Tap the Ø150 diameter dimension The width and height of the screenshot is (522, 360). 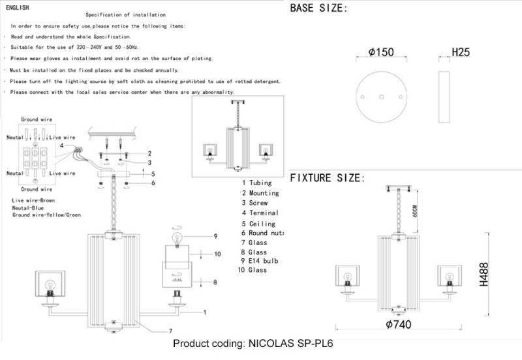click(x=381, y=53)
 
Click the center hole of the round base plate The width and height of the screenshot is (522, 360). click(x=381, y=97)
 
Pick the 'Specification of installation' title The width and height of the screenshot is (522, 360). click(x=125, y=14)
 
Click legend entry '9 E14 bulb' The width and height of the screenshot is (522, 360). click(x=260, y=261)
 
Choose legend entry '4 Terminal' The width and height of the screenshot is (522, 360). click(x=260, y=213)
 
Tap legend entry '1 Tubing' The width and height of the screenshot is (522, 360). click(x=256, y=183)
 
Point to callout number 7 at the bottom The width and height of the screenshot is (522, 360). click(x=170, y=331)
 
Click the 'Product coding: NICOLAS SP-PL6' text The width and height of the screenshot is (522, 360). click(x=253, y=344)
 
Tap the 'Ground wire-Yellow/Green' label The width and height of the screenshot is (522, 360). click(x=46, y=215)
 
